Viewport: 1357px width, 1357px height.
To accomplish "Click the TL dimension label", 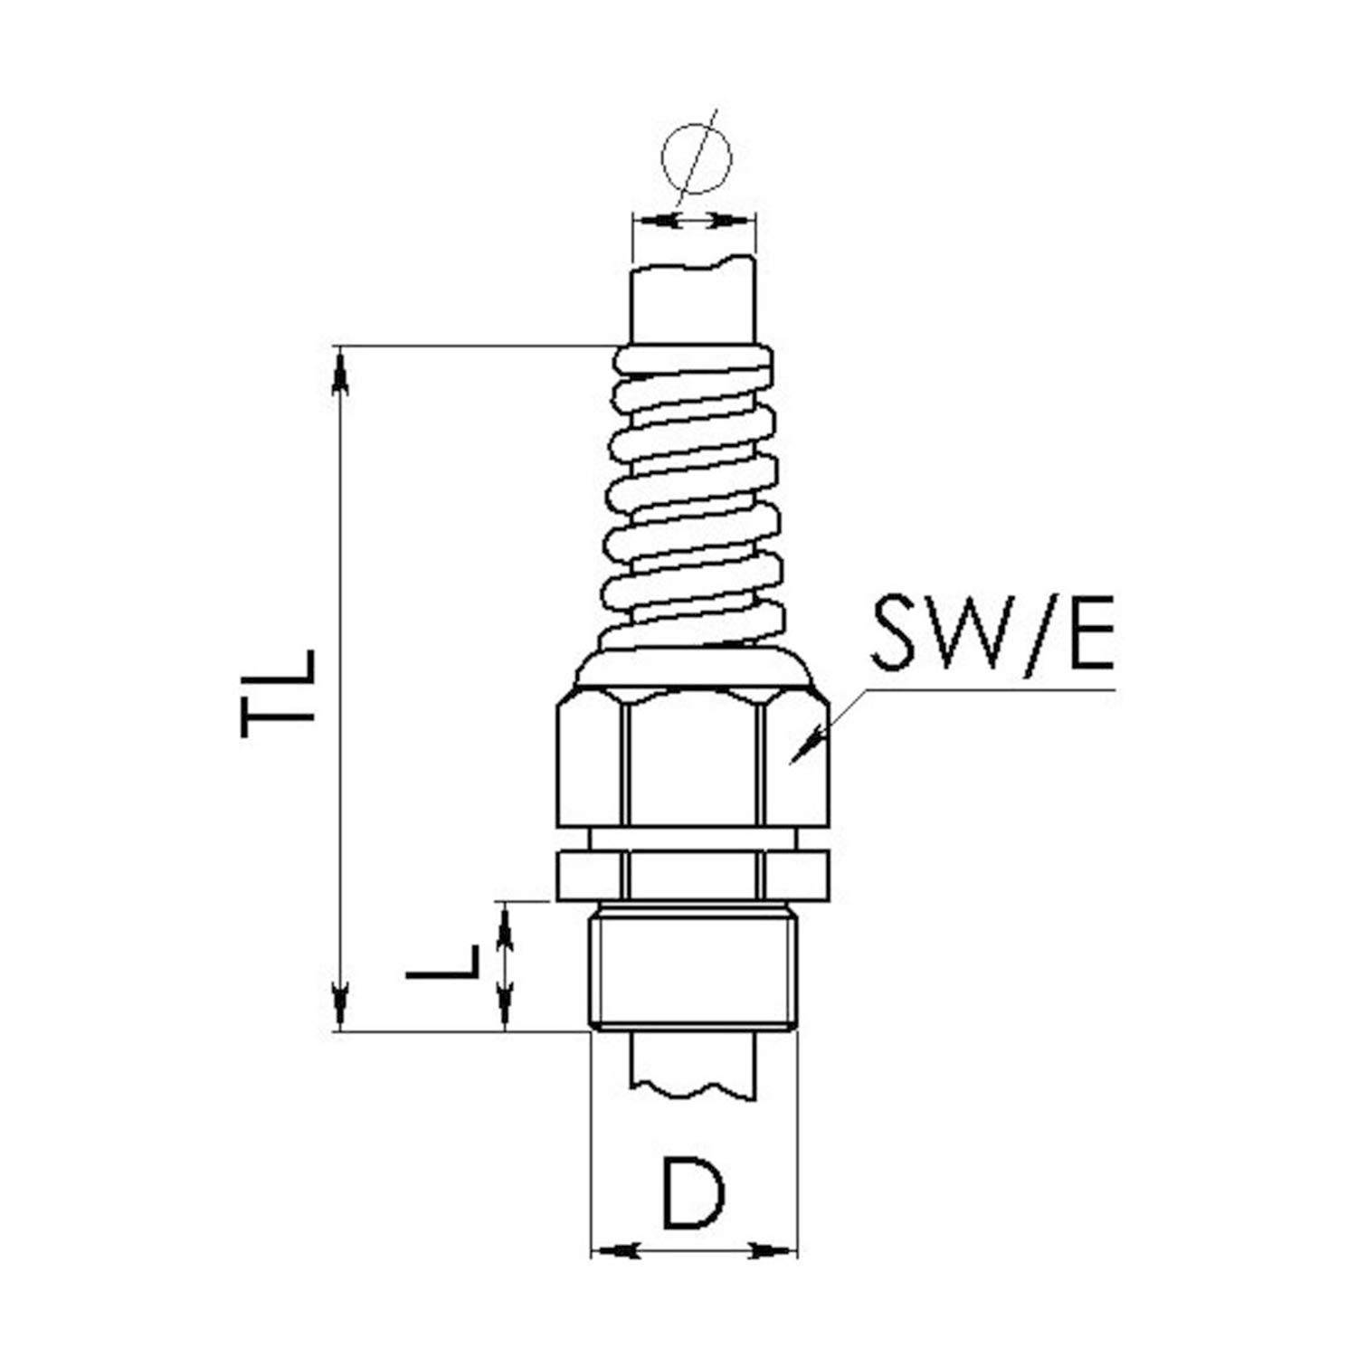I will point(279,694).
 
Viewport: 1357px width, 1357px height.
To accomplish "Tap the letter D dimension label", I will point(694,1193).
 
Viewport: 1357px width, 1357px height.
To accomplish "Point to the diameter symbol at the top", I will point(695,160).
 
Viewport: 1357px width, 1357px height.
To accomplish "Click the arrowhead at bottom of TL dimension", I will point(340,1004).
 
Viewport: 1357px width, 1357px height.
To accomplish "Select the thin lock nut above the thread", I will point(693,875).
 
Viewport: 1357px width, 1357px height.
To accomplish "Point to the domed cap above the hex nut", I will point(694,668).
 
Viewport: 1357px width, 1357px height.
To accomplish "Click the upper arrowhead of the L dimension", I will point(505,927).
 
